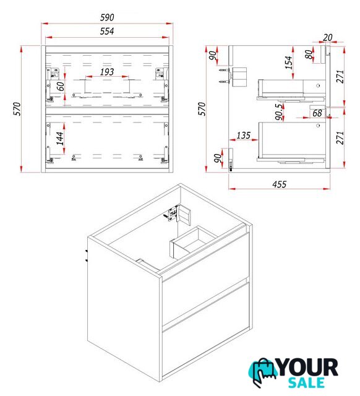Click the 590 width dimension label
[107, 17]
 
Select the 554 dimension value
[107, 32]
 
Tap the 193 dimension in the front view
[107, 72]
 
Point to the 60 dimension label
[61, 87]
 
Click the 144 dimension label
[59, 139]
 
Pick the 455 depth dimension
[279, 184]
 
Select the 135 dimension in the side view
[244, 136]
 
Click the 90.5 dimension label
[279, 112]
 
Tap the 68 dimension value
[317, 113]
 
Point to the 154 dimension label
[288, 62]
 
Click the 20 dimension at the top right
[328, 37]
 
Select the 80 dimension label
[309, 54]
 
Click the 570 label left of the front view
[17, 109]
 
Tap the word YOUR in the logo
[308, 368]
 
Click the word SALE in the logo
[306, 382]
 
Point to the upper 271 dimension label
[340, 77]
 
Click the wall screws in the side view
[224, 75]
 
